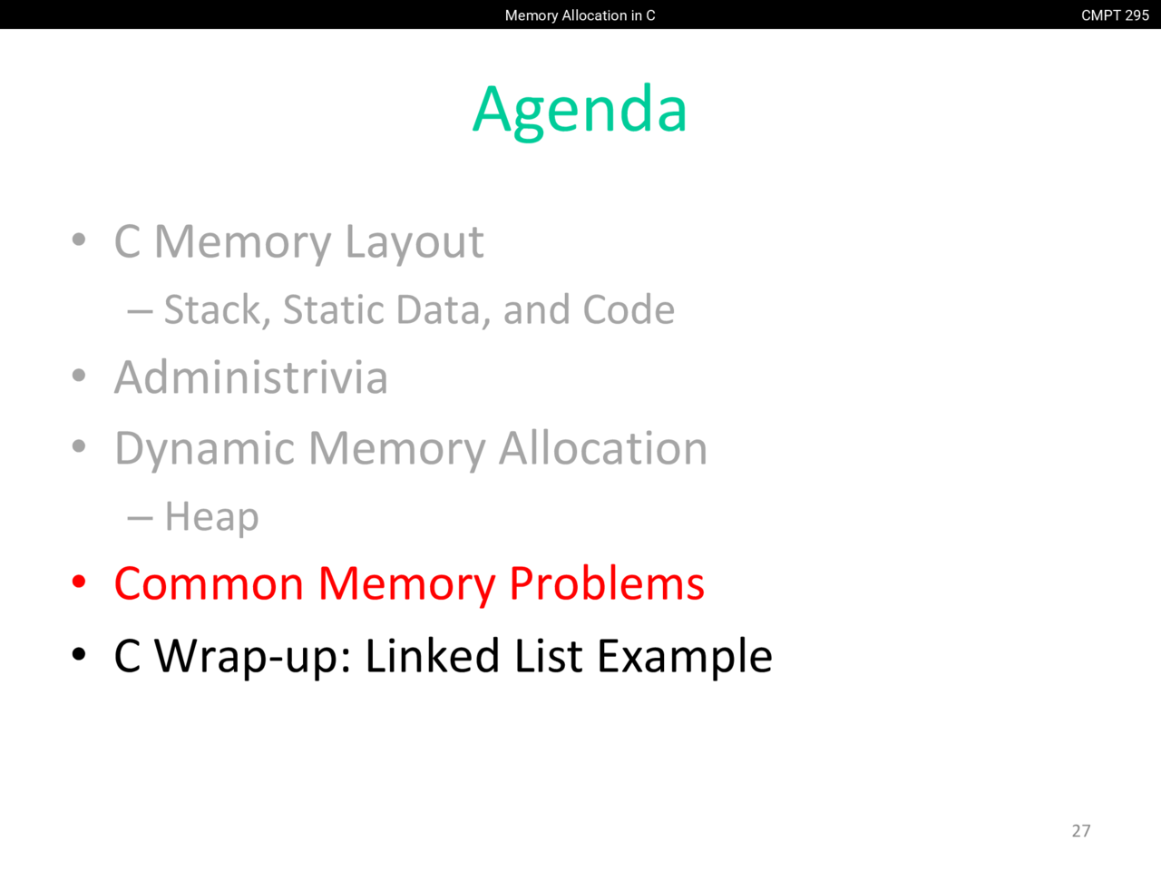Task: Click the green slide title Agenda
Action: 580,111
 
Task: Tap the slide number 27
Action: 1081,831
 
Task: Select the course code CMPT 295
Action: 1115,15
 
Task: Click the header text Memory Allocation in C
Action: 580,15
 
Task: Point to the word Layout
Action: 415,243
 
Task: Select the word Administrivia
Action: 251,377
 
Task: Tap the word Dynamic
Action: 204,449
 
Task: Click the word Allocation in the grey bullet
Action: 603,448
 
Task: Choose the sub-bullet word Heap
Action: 211,517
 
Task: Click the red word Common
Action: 209,583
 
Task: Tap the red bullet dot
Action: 79,582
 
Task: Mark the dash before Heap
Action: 141,519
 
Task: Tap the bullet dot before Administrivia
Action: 79,376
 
